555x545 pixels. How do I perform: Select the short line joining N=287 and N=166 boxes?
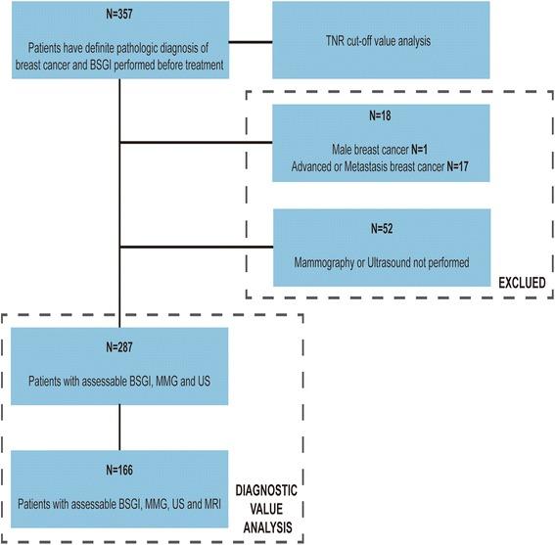click(x=117, y=428)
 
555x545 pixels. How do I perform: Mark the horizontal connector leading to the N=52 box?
click(x=195, y=246)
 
